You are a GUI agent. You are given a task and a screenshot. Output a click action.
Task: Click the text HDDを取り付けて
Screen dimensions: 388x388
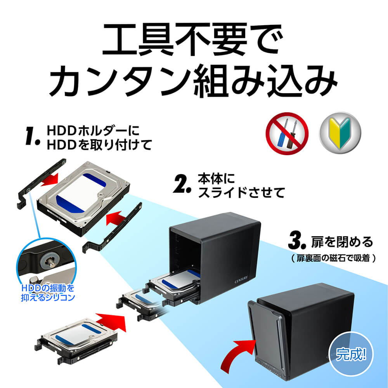point(99,145)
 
